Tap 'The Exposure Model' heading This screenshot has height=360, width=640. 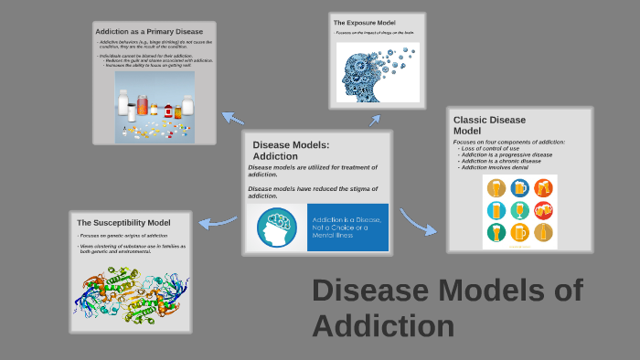(364, 22)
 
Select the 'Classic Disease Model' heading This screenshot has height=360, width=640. (489, 125)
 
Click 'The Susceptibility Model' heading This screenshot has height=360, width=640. (123, 222)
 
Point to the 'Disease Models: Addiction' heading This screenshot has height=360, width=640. (291, 150)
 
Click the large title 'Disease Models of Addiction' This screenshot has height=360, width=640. (446, 307)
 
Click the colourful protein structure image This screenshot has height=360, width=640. (130, 291)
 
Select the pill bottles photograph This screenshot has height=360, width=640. (155, 107)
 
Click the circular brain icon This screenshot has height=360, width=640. (276, 228)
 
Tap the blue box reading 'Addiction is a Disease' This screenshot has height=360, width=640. (348, 228)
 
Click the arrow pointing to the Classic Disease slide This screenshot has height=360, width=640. (417, 223)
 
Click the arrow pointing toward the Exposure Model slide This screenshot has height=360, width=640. (374, 119)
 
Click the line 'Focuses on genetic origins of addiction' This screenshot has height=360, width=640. (117, 236)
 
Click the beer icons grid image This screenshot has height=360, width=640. (519, 211)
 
